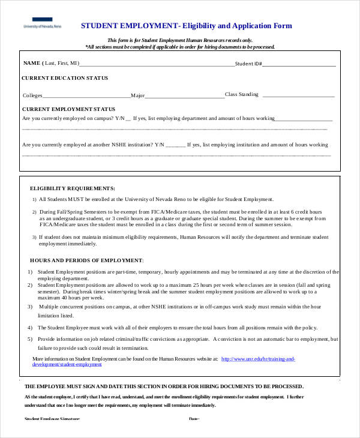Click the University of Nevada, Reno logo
[x=42, y=25]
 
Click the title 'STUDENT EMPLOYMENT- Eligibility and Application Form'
[x=186, y=26]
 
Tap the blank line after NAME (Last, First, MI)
[x=156, y=64]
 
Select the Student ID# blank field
[x=299, y=64]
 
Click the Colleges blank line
[x=86, y=95]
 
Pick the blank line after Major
[x=185, y=95]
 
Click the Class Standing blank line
[x=298, y=95]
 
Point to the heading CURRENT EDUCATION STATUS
[x=65, y=78]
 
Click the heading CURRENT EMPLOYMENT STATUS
[x=68, y=109]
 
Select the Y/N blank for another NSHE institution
[x=176, y=145]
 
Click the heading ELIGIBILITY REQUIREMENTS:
[x=73, y=188]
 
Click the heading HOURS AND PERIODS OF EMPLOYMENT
[x=86, y=260]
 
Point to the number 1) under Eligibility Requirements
[x=34, y=199]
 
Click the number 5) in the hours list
[x=30, y=339]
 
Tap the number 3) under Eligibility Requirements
[x=34, y=238]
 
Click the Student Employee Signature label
[x=52, y=419]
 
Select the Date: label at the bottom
[x=194, y=419]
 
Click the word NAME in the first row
[x=31, y=63]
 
